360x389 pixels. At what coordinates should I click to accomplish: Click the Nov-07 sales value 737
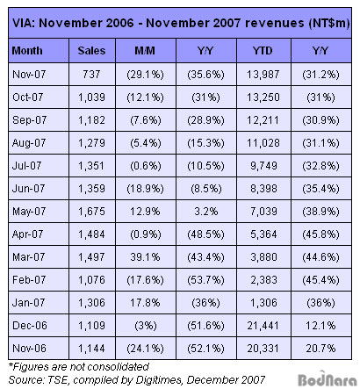pyautogui.click(x=91, y=75)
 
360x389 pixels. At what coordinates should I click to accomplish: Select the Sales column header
pyautogui.click(x=91, y=51)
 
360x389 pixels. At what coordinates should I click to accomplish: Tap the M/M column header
pyautogui.click(x=145, y=51)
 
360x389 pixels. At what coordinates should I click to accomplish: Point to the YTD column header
pyautogui.click(x=263, y=51)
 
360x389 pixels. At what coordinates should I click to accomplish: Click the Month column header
pyautogui.click(x=27, y=51)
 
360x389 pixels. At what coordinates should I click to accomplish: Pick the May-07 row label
pyautogui.click(x=29, y=212)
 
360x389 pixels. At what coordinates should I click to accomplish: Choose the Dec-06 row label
pyautogui.click(x=30, y=326)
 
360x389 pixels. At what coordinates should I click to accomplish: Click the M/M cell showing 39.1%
pyautogui.click(x=145, y=257)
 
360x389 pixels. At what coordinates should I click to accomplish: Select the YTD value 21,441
pyautogui.click(x=263, y=326)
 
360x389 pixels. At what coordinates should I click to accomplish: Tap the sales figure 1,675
pyautogui.click(x=91, y=212)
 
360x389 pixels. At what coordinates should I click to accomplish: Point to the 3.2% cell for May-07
pyautogui.click(x=206, y=212)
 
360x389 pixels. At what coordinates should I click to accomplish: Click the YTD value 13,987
pyautogui.click(x=263, y=75)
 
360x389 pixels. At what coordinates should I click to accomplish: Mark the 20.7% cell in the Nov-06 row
pyautogui.click(x=320, y=349)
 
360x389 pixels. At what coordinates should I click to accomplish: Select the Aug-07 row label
pyautogui.click(x=29, y=143)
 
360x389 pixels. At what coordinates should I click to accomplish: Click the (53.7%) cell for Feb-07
pyautogui.click(x=205, y=280)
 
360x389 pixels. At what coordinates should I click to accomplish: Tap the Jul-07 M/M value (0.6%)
pyautogui.click(x=146, y=166)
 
